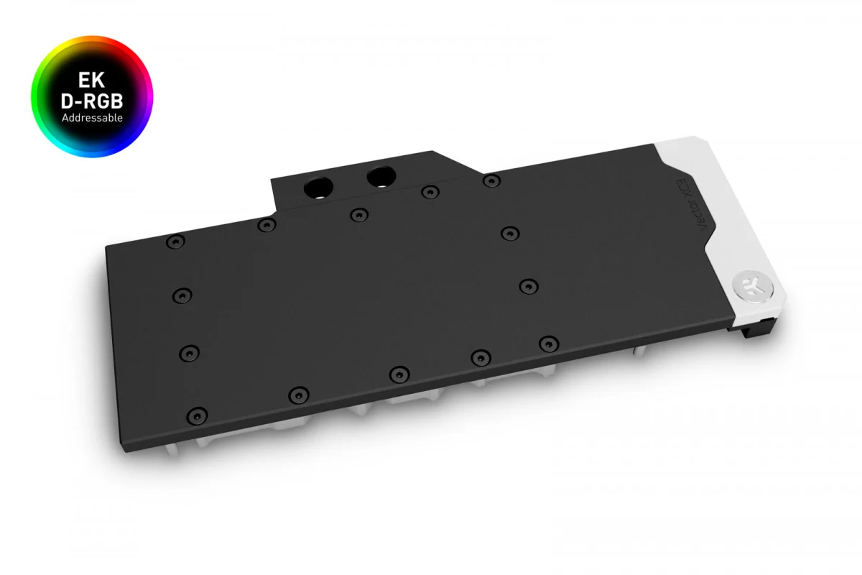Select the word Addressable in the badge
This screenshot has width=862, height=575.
click(x=92, y=117)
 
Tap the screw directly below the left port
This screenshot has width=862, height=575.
click(x=358, y=214)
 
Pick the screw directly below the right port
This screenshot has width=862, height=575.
click(x=430, y=191)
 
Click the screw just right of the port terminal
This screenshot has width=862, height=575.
click(x=491, y=180)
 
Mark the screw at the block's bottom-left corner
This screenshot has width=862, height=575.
click(x=196, y=415)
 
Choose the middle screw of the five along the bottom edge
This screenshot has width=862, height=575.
click(x=399, y=373)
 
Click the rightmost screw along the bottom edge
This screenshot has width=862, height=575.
click(x=548, y=341)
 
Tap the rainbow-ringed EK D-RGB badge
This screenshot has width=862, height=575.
click(x=92, y=96)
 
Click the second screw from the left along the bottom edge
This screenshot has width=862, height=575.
click(x=298, y=394)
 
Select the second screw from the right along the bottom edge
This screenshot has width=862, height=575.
click(x=480, y=356)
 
